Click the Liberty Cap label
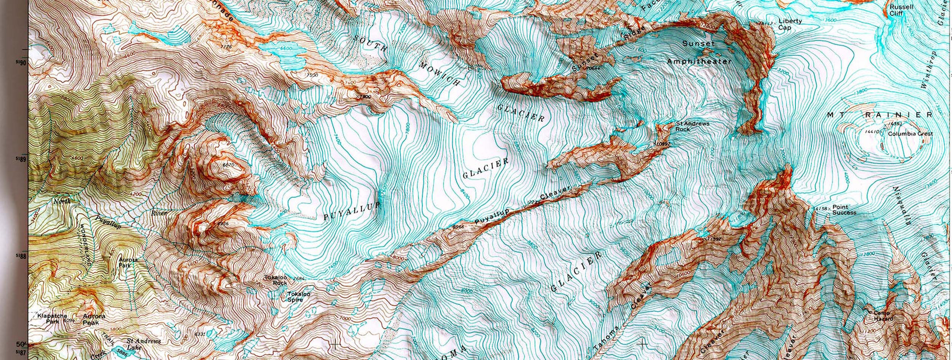click(790, 25)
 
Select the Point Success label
click(843, 210)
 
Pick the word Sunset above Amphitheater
click(698, 44)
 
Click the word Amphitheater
click(698, 61)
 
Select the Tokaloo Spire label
click(298, 297)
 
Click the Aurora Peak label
click(94, 320)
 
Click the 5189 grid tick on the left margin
click(21, 159)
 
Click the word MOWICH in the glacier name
click(440, 74)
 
